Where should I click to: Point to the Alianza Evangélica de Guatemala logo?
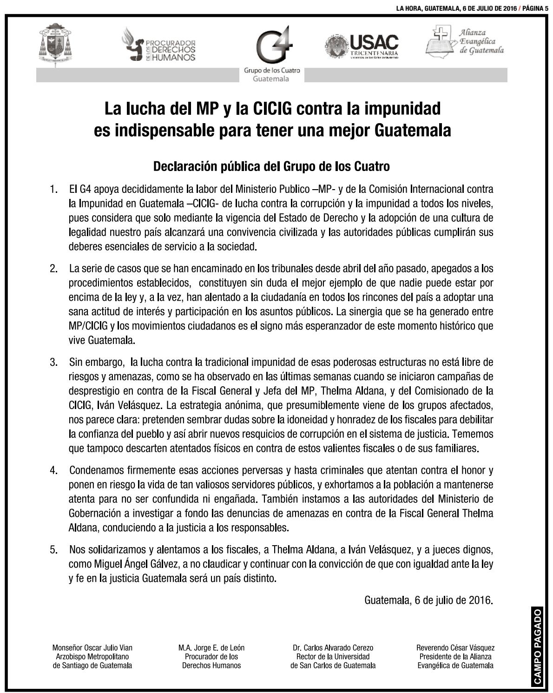click(x=465, y=41)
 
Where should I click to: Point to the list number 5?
click(x=54, y=550)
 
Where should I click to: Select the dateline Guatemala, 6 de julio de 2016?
click(x=428, y=600)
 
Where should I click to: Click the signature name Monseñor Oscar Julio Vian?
click(x=92, y=647)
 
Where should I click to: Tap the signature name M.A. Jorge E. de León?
click(x=211, y=647)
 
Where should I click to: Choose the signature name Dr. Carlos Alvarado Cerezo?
click(x=333, y=647)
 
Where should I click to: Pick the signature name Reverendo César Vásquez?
click(x=455, y=647)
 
